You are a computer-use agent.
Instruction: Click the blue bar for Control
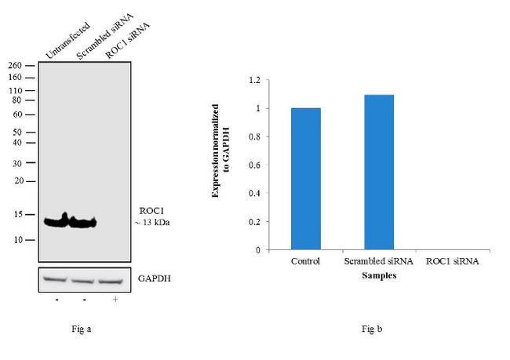[x=305, y=179]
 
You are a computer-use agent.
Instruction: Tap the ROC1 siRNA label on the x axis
[x=451, y=261]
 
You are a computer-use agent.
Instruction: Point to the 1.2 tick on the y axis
[x=253, y=80]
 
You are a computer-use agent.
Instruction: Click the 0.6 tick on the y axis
[x=253, y=165]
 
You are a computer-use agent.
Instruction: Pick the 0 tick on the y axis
[x=257, y=250]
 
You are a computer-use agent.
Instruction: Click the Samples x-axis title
[x=378, y=276]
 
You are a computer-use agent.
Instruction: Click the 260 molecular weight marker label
[x=15, y=67]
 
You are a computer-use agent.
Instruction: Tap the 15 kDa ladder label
[x=17, y=214]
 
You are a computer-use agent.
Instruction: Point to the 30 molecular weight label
[x=17, y=164]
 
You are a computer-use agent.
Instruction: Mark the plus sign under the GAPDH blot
[x=115, y=299]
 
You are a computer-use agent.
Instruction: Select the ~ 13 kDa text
[x=153, y=223]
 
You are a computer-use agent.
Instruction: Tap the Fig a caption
[x=82, y=329]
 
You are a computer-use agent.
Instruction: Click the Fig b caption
[x=372, y=329]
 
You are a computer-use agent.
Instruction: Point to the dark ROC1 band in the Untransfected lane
[x=56, y=222]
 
